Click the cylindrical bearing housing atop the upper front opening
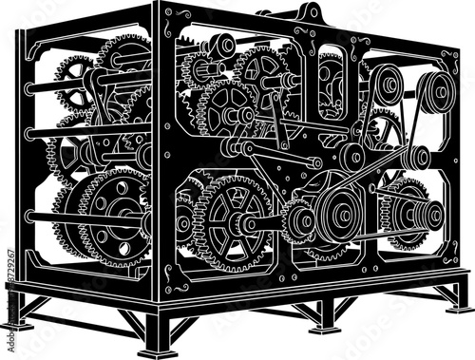(219, 44)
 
